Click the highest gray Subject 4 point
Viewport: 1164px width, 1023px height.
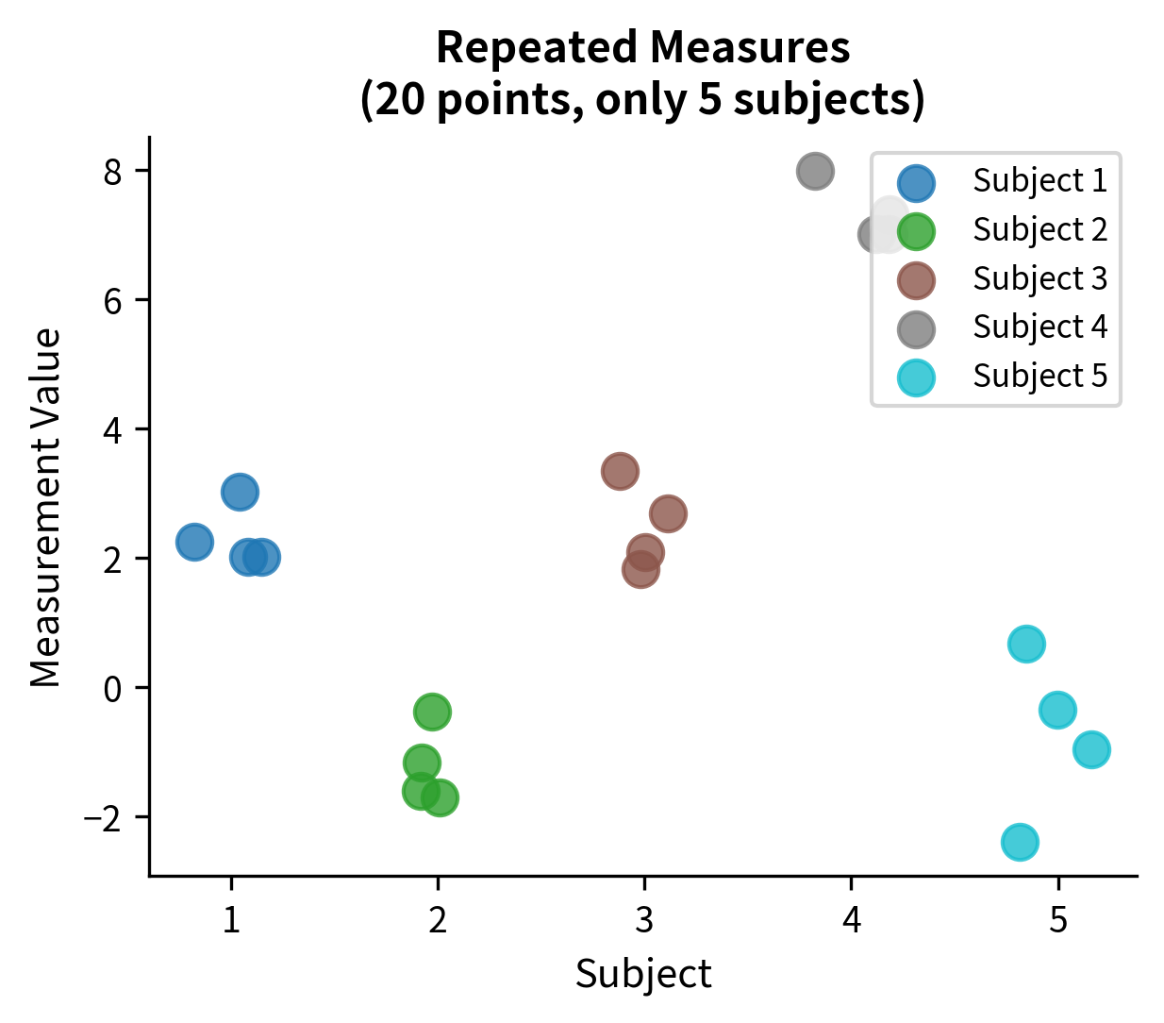pyautogui.click(x=815, y=172)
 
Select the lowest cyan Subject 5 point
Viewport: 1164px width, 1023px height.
pyautogui.click(x=1020, y=841)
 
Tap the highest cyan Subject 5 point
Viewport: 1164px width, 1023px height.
pyautogui.click(x=1026, y=644)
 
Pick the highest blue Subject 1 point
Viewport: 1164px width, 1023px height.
pyautogui.click(x=241, y=492)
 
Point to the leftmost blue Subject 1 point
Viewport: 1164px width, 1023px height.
pyautogui.click(x=194, y=542)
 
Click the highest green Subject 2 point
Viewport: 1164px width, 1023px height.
pyautogui.click(x=432, y=712)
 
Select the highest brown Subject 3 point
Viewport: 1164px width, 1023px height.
pyautogui.click(x=620, y=471)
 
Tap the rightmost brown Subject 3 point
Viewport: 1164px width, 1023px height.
pyautogui.click(x=668, y=513)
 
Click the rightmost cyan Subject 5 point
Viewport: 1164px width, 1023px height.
pyautogui.click(x=1091, y=749)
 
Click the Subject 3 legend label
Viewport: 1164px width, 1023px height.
pyautogui.click(x=1039, y=279)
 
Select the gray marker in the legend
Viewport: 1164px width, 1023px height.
pyautogui.click(x=916, y=328)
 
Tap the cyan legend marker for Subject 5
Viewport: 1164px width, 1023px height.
pyautogui.click(x=916, y=377)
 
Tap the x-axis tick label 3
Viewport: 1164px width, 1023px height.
pyautogui.click(x=644, y=920)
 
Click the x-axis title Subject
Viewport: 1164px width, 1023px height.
pyautogui.click(x=643, y=974)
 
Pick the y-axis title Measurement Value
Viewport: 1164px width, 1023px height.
pyautogui.click(x=46, y=508)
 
